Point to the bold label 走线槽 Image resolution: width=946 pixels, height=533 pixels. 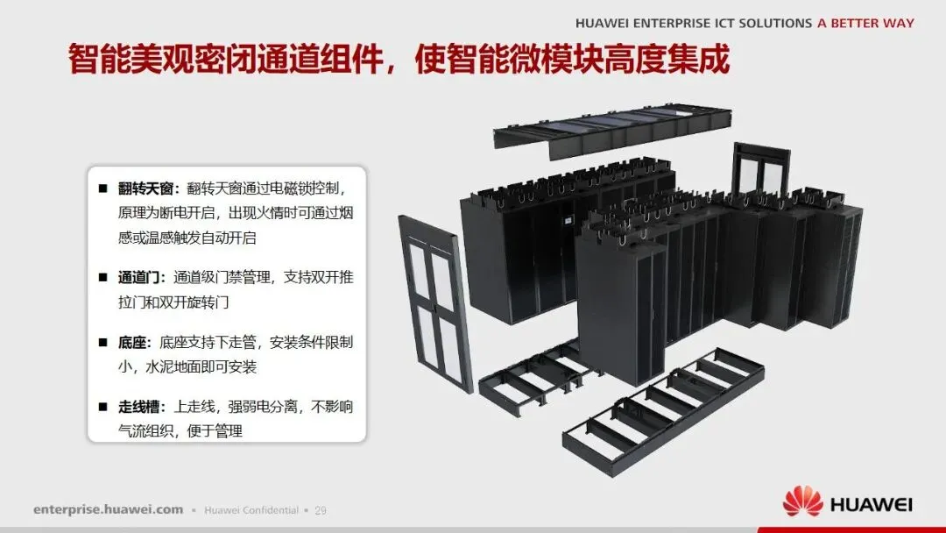(x=140, y=407)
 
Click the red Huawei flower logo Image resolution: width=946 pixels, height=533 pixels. (x=802, y=503)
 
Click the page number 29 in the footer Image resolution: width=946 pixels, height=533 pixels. (x=320, y=510)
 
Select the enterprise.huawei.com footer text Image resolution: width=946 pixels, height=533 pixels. (x=109, y=509)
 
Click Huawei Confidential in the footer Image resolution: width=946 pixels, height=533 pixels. (x=251, y=510)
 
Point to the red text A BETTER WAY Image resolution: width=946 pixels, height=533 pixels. (x=865, y=24)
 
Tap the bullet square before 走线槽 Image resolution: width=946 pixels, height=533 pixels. (x=102, y=407)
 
